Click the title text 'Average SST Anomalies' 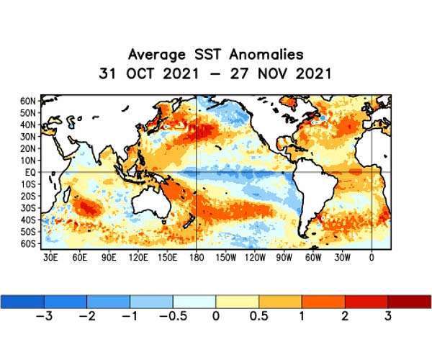pos(215,55)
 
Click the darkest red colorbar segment pos(409,301)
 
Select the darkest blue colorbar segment pos(22,301)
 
